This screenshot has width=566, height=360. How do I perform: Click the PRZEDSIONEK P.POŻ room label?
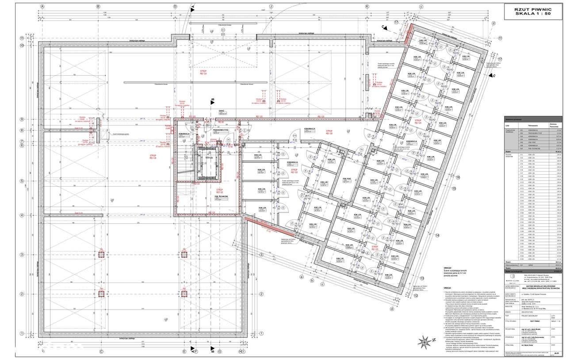coord(220,130)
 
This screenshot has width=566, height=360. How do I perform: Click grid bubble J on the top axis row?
coord(271,7)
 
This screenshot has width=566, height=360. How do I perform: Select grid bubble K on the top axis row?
coord(367,7)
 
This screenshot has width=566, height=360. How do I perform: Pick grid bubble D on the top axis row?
coord(175,7)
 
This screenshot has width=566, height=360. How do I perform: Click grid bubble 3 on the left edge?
coord(21,254)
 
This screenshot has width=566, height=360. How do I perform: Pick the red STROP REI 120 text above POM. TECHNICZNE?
coord(220,190)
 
